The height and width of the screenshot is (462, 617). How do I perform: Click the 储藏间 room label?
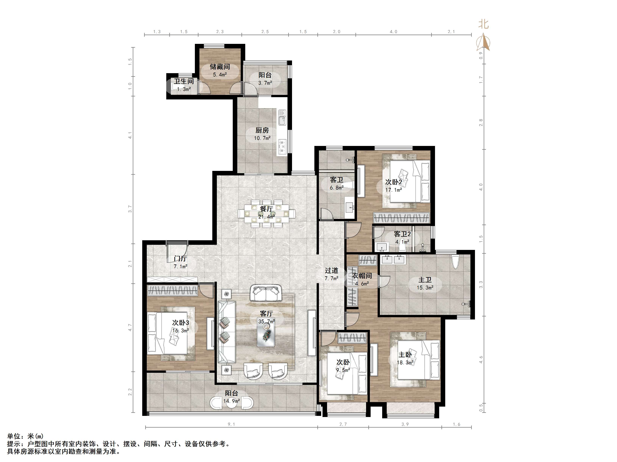pos(220,67)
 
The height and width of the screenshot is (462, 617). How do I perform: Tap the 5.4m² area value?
pos(220,75)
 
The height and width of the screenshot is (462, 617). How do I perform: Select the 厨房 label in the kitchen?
pos(262,130)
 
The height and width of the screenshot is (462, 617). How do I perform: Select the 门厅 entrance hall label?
pos(180,259)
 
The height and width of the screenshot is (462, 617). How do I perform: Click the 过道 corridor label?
pos(332,270)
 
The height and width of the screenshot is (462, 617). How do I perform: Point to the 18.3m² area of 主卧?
pos(405,363)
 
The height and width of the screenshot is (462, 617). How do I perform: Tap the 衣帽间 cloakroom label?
pos(362,276)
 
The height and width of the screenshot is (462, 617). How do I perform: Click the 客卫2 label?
pos(402,234)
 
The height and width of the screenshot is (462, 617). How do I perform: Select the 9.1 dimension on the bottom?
pos(231,424)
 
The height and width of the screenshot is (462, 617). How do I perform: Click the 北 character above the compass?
pos(484,24)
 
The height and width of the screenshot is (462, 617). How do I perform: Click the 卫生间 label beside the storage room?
pos(184,81)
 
